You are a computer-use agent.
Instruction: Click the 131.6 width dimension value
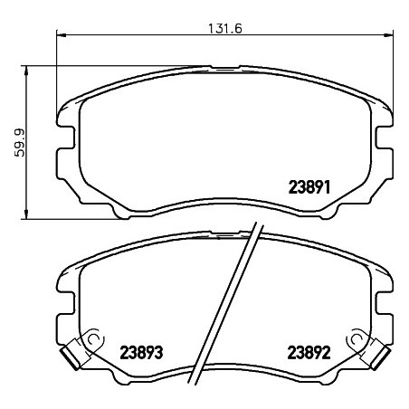(x=225, y=29)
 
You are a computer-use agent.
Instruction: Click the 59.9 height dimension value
(x=20, y=142)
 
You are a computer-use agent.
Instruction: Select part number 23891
(x=309, y=187)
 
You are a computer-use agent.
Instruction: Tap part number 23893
(x=141, y=352)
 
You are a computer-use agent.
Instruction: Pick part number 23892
(x=309, y=352)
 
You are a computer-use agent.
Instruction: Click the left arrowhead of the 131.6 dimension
(x=62, y=35)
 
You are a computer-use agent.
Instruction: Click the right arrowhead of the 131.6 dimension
(x=389, y=35)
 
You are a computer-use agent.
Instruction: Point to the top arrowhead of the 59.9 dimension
(x=26, y=70)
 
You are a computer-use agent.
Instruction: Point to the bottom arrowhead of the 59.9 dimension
(x=26, y=214)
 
